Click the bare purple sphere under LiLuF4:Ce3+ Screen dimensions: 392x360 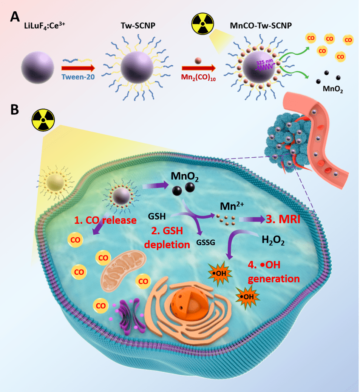pos(38,67)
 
